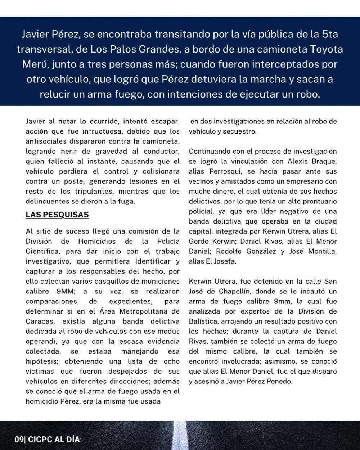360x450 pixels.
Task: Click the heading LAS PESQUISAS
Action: pyautogui.click(x=57, y=215)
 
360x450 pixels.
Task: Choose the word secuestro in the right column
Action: pyautogui.click(x=239, y=131)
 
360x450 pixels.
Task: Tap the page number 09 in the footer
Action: pyautogui.click(x=19, y=440)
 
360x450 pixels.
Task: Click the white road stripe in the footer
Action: pyautogui.click(x=180, y=436)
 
